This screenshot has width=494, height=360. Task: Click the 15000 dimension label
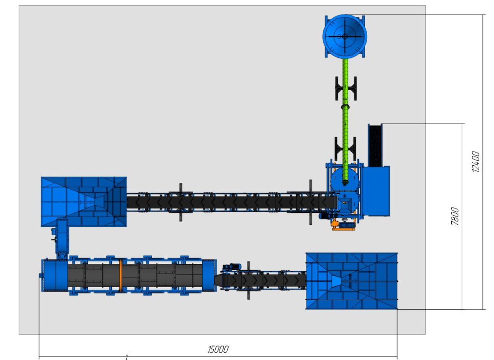(x=218, y=349)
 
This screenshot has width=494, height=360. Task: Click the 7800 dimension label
(x=455, y=216)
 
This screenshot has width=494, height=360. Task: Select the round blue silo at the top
(x=344, y=36)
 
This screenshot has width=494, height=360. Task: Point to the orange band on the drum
(x=120, y=276)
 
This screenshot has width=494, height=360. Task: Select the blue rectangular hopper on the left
(x=84, y=202)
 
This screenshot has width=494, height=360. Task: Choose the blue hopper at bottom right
(x=352, y=281)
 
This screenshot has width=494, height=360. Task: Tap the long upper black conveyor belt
(x=232, y=202)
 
